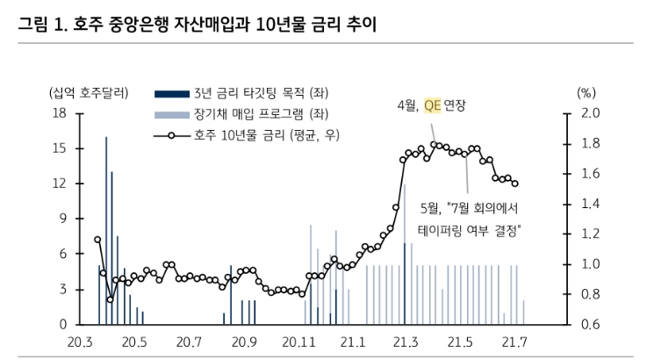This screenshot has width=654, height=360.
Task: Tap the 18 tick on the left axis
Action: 61,113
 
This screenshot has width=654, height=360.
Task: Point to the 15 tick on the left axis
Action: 61,148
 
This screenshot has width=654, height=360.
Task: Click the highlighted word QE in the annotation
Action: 431,105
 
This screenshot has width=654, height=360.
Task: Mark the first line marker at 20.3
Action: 97,239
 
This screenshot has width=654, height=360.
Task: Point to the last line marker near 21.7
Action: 514,184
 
